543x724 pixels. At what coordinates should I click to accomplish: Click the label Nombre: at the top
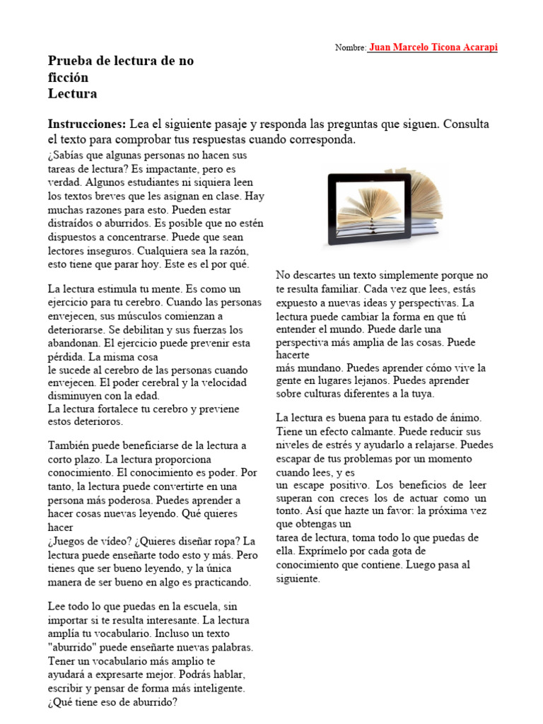click(350, 48)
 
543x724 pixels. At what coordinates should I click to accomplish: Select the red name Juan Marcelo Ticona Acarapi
click(433, 47)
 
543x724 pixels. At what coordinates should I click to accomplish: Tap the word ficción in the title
click(69, 77)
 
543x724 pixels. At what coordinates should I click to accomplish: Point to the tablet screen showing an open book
click(369, 204)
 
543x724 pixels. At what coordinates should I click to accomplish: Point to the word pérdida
click(66, 356)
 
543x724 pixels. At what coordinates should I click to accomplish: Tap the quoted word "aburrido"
click(75, 648)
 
